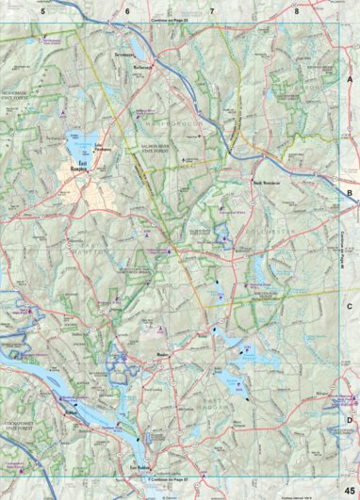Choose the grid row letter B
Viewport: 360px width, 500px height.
350,194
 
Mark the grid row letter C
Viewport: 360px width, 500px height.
350,307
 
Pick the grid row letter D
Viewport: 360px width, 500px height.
350,420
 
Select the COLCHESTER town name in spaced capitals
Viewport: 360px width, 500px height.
247,224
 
